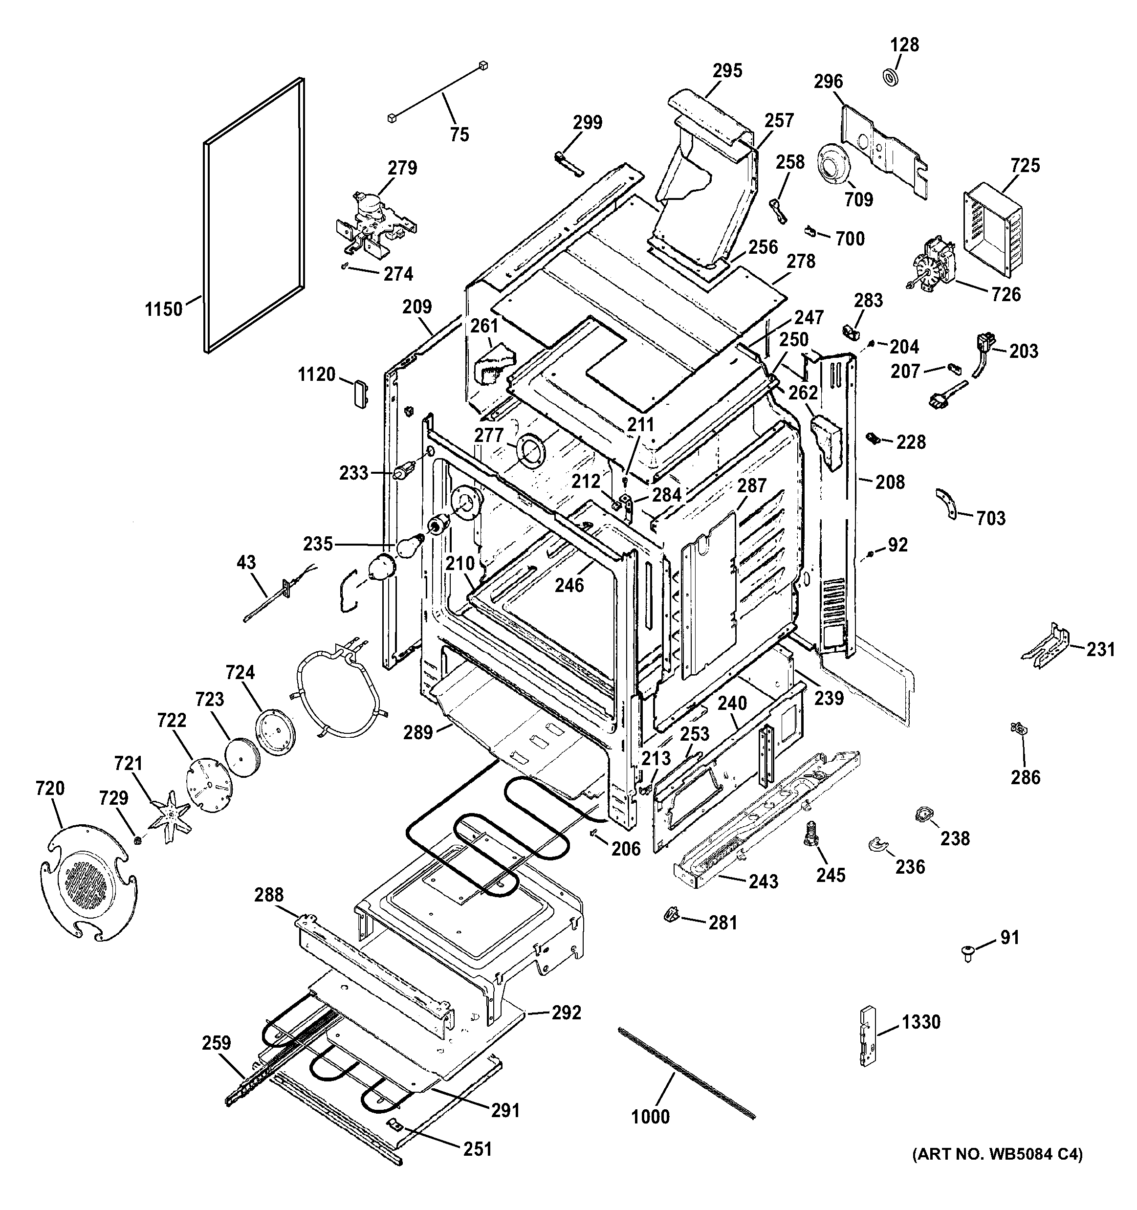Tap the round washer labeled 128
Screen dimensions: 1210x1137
coord(891,77)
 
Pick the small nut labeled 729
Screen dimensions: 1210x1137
coord(137,840)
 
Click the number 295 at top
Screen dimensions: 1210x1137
coord(727,71)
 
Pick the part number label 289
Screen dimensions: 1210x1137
coord(417,732)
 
